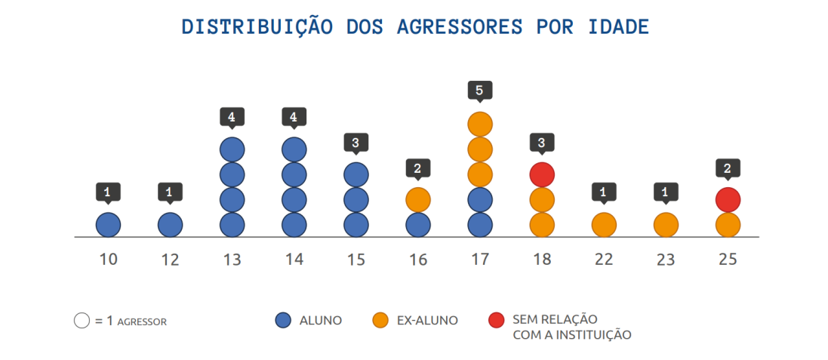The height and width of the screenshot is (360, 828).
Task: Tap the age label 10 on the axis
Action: click(108, 260)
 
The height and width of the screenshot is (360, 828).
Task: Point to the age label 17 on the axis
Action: click(480, 260)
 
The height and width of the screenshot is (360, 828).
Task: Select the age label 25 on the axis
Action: click(728, 260)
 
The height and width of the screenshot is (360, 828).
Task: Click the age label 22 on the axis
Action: click(603, 260)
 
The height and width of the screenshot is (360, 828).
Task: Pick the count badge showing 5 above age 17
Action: click(480, 91)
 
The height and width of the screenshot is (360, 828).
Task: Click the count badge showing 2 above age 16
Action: click(418, 167)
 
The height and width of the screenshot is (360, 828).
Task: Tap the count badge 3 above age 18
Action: click(542, 142)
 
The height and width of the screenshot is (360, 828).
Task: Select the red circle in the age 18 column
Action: click(542, 174)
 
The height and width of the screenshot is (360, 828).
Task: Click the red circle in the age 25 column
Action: click(728, 200)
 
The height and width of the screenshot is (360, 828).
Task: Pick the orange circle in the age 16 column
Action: click(418, 200)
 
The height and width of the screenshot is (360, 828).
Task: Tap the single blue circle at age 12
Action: click(170, 224)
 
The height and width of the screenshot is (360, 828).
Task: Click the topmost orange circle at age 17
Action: click(480, 124)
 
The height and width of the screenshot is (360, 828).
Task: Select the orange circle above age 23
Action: click(665, 224)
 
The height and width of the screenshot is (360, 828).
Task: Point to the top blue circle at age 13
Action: click(232, 149)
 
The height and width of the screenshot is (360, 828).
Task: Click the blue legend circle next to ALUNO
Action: click(284, 321)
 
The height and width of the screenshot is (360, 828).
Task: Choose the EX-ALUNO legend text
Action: click(427, 321)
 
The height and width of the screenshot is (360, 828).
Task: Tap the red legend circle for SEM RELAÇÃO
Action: click(497, 321)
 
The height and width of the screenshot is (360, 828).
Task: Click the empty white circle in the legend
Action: click(82, 321)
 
